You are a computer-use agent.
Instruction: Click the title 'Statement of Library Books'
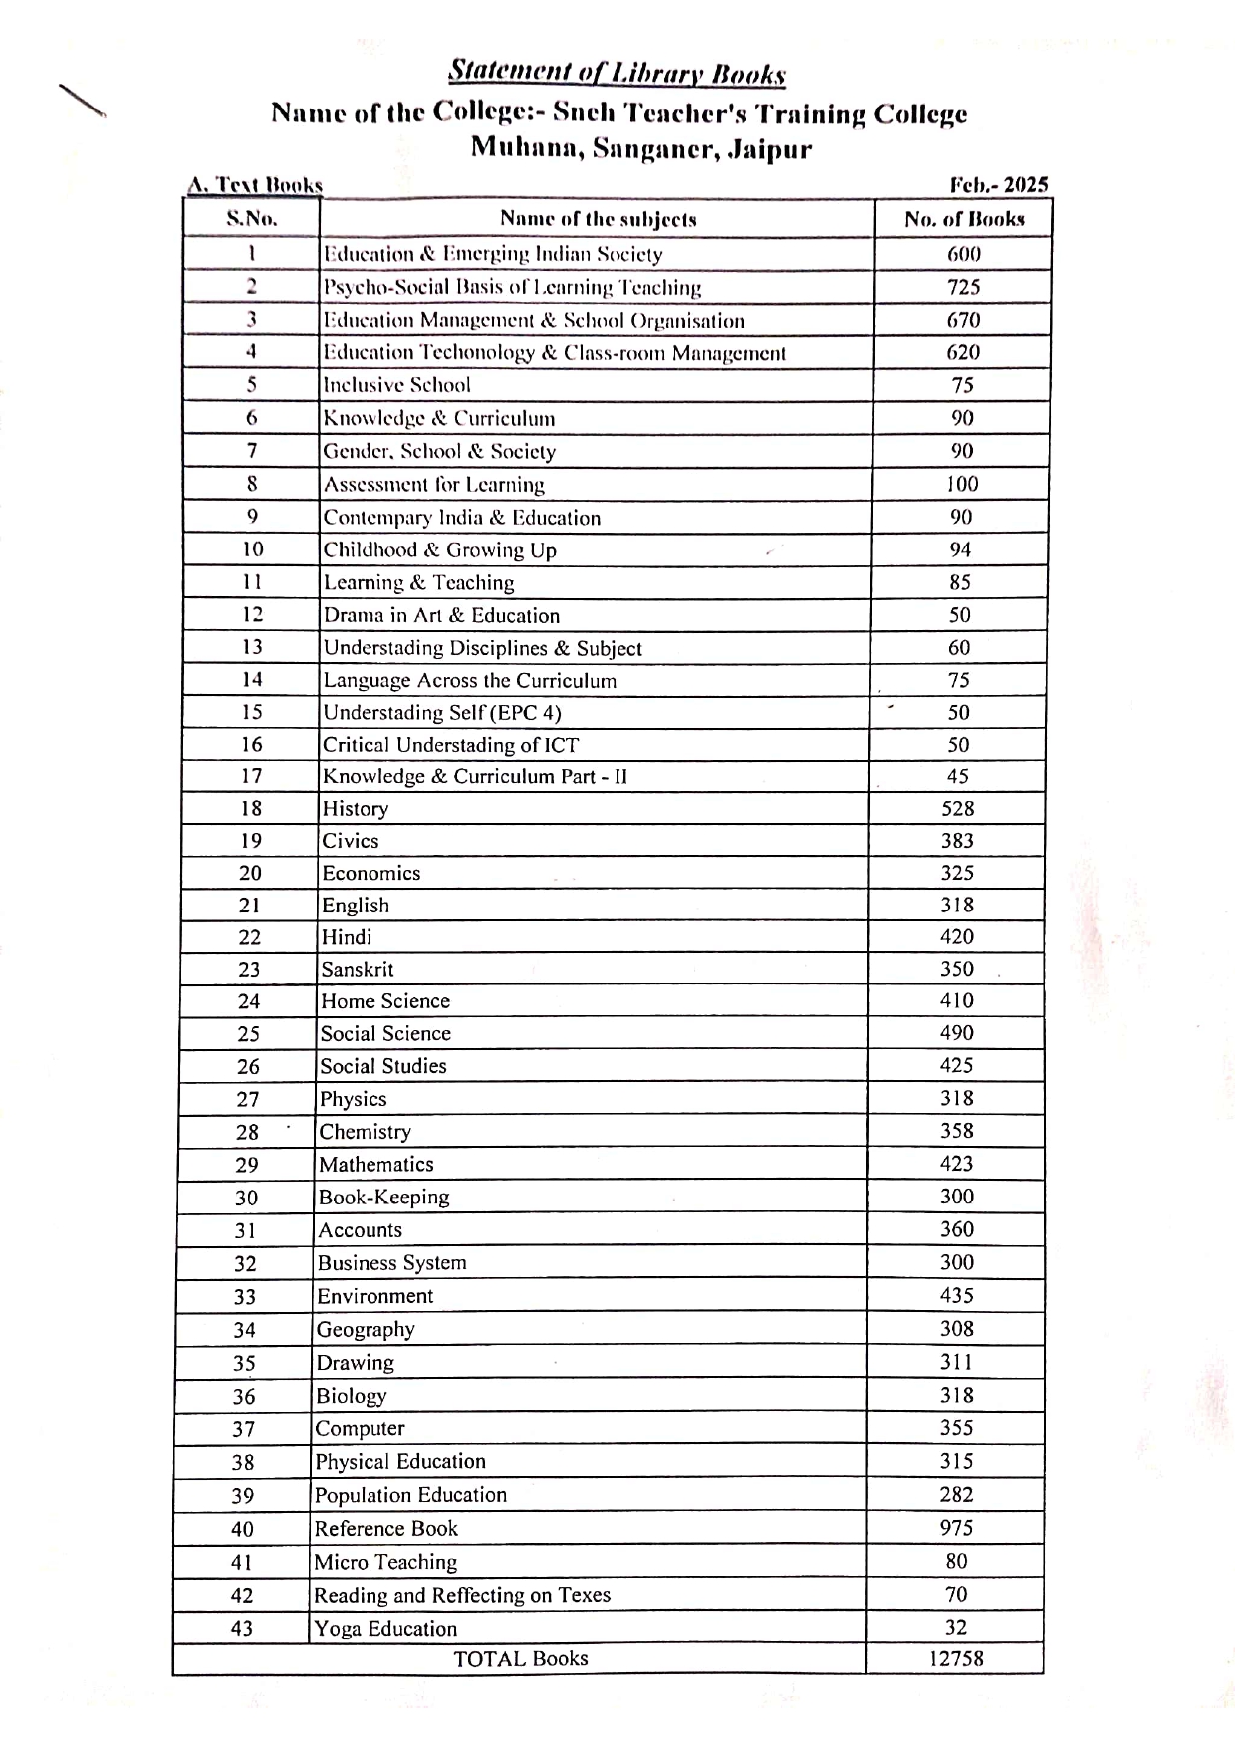click(x=617, y=73)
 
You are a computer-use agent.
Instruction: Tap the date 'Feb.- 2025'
click(x=998, y=185)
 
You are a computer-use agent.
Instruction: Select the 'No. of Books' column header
click(x=963, y=219)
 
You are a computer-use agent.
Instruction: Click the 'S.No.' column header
click(x=252, y=219)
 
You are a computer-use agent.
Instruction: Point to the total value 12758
click(x=955, y=1658)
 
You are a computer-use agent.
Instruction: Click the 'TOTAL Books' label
click(x=520, y=1658)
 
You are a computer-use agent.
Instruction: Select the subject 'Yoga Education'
click(x=385, y=1629)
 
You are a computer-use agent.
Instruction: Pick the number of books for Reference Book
click(x=956, y=1528)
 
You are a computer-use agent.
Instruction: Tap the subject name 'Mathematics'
click(x=376, y=1164)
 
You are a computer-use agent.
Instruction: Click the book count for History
click(x=957, y=809)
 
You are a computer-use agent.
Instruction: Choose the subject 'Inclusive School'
click(x=396, y=385)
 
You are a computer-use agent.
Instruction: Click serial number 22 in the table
click(x=249, y=937)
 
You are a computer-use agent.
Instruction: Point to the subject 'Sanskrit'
click(x=357, y=969)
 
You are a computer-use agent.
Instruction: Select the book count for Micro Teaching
click(x=956, y=1561)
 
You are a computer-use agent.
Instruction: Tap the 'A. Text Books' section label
click(x=255, y=185)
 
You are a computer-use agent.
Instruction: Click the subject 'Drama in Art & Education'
click(x=441, y=615)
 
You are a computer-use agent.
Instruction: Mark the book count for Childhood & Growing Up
click(x=960, y=549)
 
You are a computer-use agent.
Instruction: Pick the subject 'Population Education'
click(x=410, y=1495)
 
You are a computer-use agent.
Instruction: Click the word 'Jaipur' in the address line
click(x=770, y=150)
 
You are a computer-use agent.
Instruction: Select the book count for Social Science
click(x=956, y=1033)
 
